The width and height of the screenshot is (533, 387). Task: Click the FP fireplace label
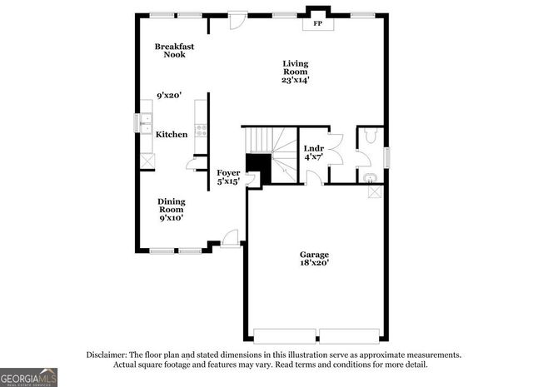(x=317, y=24)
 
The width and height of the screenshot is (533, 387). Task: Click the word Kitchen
(x=172, y=134)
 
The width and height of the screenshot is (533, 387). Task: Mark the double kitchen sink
(x=145, y=122)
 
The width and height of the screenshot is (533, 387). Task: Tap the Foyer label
(x=229, y=173)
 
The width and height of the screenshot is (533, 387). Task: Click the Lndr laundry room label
(x=313, y=148)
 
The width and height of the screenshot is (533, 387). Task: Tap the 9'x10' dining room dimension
(x=172, y=218)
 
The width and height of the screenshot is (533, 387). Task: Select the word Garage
(x=315, y=255)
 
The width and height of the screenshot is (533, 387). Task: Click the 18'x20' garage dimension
(x=315, y=263)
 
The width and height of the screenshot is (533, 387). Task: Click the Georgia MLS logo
(x=29, y=377)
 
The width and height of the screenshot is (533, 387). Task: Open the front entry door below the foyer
(x=231, y=239)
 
